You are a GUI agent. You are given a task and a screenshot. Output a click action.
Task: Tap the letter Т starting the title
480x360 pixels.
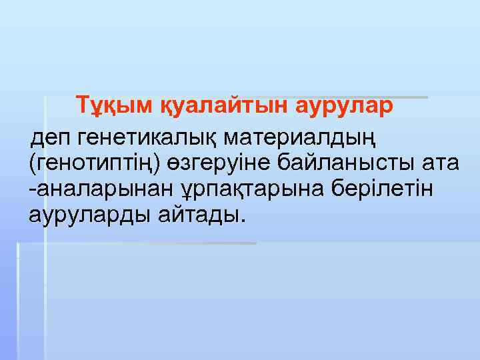[82, 106]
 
